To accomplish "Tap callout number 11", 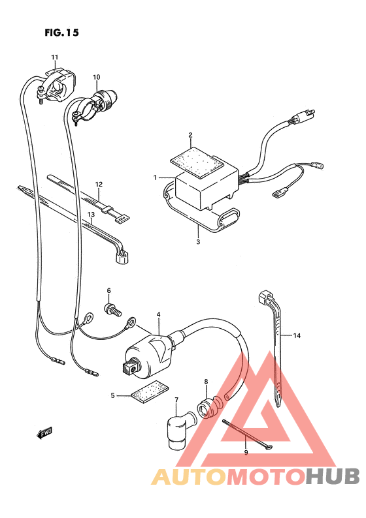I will tap(55, 57).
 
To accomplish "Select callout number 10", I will tap(96, 78).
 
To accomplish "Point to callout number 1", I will tap(156, 177).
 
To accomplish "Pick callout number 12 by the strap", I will tap(99, 185).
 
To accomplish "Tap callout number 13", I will tap(91, 215).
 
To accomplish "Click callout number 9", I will tap(246, 452).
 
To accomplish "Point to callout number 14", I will tap(297, 336).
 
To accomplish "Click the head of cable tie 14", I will tap(266, 297).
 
